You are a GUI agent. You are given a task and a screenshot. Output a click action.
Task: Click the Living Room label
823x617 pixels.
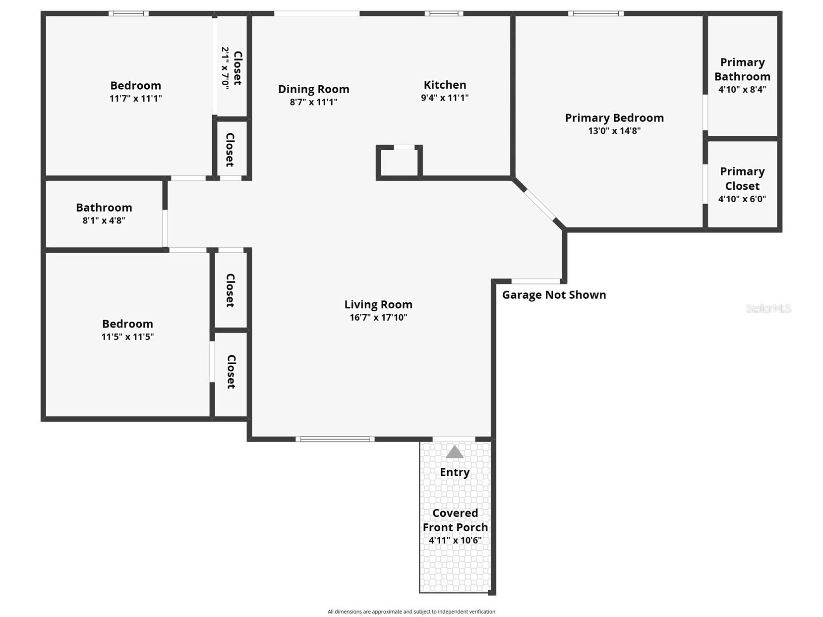(x=378, y=304)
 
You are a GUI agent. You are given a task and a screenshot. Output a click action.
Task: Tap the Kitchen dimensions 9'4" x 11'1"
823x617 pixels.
(x=445, y=98)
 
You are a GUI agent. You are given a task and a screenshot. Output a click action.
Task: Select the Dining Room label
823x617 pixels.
(x=313, y=89)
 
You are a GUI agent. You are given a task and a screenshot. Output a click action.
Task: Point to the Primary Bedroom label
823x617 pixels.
(x=614, y=118)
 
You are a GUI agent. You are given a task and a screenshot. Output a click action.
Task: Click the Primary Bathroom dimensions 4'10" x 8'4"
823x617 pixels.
(x=742, y=90)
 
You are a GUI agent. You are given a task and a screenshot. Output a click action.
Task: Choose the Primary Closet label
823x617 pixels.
(x=742, y=179)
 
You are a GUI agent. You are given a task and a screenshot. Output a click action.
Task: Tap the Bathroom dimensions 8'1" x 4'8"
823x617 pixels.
(x=104, y=220)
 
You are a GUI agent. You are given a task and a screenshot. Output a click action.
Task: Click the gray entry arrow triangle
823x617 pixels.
(x=455, y=451)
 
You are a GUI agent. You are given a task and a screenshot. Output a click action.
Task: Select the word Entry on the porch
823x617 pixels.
(x=455, y=472)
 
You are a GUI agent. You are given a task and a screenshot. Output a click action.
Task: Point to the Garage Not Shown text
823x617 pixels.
(x=554, y=295)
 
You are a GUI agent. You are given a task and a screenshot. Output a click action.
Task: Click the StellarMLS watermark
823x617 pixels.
(x=768, y=308)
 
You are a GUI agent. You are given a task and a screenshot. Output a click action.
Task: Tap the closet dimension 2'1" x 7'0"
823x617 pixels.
(x=225, y=68)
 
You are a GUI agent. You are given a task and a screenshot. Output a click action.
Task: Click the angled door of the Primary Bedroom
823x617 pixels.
(x=540, y=205)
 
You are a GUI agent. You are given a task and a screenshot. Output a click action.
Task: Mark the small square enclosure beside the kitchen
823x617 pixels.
(x=399, y=163)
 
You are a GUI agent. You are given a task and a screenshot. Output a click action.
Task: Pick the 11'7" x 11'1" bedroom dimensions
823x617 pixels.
(x=135, y=99)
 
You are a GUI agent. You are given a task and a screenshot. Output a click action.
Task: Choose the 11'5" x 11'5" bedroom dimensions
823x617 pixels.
(x=127, y=337)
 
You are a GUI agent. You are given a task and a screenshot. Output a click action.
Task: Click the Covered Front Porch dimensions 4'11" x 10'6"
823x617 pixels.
(x=455, y=540)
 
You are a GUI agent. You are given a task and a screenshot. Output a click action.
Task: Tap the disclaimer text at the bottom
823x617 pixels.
(x=411, y=612)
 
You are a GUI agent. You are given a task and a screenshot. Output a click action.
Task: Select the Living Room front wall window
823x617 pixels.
(x=335, y=439)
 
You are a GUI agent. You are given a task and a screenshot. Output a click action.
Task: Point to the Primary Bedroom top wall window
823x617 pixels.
(x=595, y=13)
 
